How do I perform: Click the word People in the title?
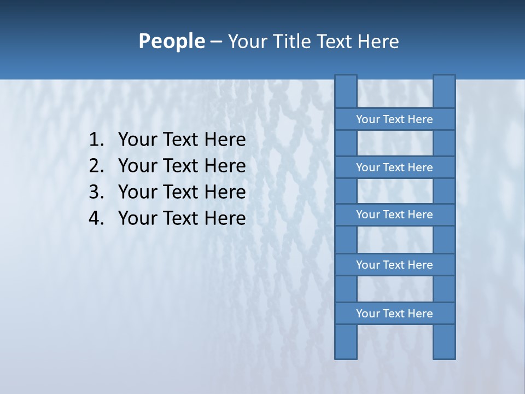[171, 42]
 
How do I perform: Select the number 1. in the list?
[96, 140]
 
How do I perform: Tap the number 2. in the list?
[96, 166]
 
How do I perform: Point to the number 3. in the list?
[96, 192]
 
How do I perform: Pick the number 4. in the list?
[96, 218]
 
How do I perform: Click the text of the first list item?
[182, 140]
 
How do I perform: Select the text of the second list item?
[182, 166]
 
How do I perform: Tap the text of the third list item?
[182, 192]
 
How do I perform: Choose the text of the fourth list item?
[182, 218]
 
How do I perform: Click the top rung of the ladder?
[394, 119]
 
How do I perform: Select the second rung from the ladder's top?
[394, 167]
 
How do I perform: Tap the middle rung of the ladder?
[394, 215]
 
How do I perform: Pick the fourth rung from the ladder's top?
[394, 265]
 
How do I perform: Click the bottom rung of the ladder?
[394, 314]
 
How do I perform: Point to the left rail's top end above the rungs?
[346, 91]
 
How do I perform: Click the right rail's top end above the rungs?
[444, 91]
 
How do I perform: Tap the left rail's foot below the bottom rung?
[346, 342]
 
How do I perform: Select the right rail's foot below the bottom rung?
[444, 342]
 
